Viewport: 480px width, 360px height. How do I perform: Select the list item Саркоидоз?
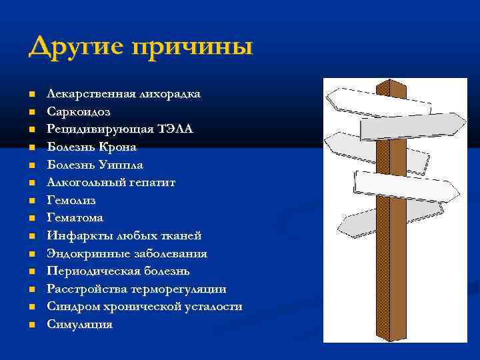pyautogui.click(x=78, y=111)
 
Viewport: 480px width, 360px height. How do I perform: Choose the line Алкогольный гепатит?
pyautogui.click(x=111, y=182)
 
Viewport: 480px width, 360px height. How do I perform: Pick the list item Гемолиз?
pyautogui.click(x=71, y=200)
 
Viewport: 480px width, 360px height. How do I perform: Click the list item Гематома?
pyautogui.click(x=75, y=217)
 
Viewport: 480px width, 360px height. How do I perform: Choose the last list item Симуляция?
pyautogui.click(x=79, y=325)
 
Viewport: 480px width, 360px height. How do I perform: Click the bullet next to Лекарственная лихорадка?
pyautogui.click(x=32, y=94)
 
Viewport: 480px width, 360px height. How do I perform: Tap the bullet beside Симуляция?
pyautogui.click(x=32, y=325)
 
